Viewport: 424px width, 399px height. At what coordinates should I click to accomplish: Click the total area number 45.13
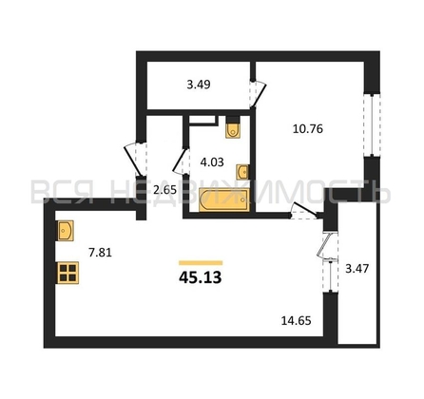pyautogui.click(x=201, y=277)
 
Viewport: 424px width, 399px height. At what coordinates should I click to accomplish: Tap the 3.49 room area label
pyautogui.click(x=199, y=85)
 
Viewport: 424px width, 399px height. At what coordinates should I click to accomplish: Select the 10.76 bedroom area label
pyautogui.click(x=308, y=129)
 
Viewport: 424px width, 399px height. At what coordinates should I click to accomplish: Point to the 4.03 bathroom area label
pyautogui.click(x=212, y=162)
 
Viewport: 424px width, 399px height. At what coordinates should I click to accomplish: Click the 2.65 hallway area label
pyautogui.click(x=164, y=190)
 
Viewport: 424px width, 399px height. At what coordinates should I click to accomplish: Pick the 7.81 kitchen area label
pyautogui.click(x=100, y=253)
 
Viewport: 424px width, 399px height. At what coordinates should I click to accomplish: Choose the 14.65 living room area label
pyautogui.click(x=297, y=321)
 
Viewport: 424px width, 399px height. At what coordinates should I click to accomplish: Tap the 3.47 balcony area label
pyautogui.click(x=357, y=269)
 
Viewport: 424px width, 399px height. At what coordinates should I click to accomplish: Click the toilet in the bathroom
pyautogui.click(x=233, y=127)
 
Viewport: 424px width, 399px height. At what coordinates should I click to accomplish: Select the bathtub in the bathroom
pyautogui.click(x=224, y=199)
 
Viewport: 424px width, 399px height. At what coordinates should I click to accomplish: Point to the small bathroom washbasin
pyautogui.click(x=243, y=172)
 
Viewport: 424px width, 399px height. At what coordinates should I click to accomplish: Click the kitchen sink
pyautogui.click(x=66, y=231)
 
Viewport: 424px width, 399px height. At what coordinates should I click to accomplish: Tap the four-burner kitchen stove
pyautogui.click(x=67, y=273)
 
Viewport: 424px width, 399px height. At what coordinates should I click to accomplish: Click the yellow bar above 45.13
pyautogui.click(x=201, y=262)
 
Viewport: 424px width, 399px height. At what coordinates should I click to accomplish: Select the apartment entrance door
pyautogui.click(x=134, y=161)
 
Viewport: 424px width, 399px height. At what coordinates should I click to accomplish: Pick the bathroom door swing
pyautogui.click(x=181, y=161)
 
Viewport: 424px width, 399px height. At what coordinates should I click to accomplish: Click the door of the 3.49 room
pyautogui.click(x=258, y=94)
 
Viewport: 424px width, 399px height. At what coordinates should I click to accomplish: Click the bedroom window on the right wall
pyautogui.click(x=372, y=124)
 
